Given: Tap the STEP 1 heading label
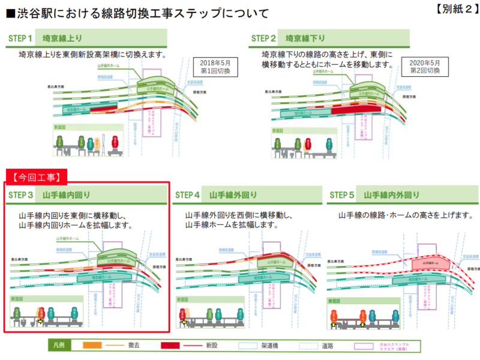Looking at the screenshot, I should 20,38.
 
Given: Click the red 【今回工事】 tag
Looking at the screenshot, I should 35,176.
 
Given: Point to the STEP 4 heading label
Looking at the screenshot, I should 187,195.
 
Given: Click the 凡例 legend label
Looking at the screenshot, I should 58,346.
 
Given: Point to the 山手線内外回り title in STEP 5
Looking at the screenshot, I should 393,195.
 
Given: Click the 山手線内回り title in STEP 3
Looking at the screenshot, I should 65,195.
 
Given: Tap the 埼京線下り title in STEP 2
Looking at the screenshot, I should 305,38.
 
